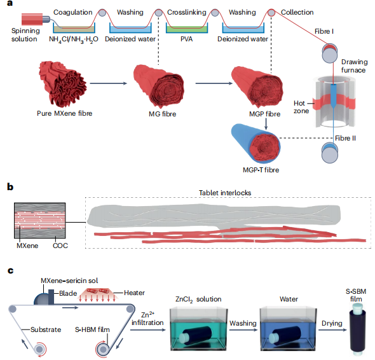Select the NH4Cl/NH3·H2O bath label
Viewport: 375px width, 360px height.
tap(74, 39)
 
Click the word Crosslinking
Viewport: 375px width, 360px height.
tap(186, 12)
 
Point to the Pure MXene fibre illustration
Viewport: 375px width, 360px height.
tap(63, 83)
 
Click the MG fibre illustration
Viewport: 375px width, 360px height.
tap(158, 86)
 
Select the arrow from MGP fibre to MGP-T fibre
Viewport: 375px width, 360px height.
tap(266, 124)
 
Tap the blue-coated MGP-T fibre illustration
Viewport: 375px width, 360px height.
tap(256, 143)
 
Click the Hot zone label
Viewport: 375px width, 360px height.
tap(301, 107)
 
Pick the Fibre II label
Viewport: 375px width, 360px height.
tap(345, 139)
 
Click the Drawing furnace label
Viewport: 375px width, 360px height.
tap(354, 66)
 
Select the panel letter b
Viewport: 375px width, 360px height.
tap(10, 186)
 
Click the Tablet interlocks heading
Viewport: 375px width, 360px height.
tap(225, 193)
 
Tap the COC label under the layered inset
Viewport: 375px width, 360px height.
tap(60, 246)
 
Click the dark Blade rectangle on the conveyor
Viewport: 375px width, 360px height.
tap(51, 297)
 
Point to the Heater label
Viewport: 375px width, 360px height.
tap(134, 293)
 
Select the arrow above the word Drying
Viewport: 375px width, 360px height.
tap(332, 330)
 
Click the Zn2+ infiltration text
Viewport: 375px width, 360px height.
tap(147, 319)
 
